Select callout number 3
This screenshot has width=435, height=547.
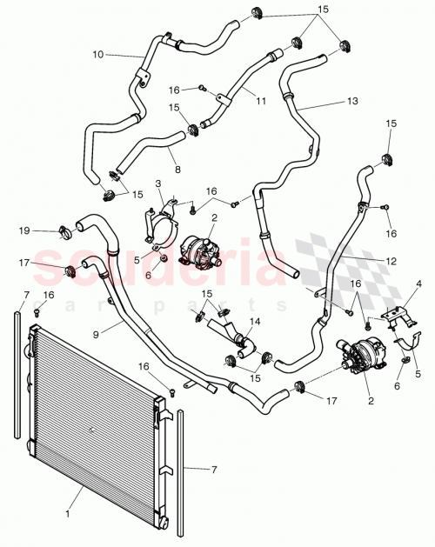159,183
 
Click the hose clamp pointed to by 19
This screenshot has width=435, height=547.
64,232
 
